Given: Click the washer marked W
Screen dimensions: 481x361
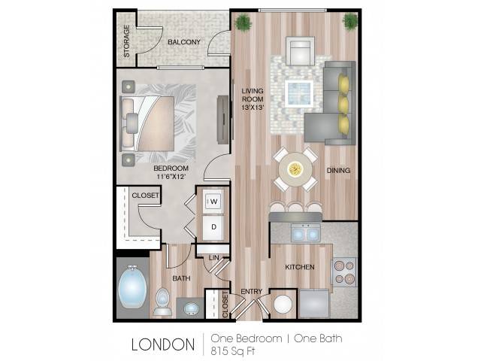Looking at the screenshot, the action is pyautogui.click(x=213, y=202).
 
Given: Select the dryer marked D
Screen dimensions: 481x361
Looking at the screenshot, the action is pyautogui.click(x=213, y=227).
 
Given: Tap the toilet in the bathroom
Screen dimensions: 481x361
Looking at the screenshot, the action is pyautogui.click(x=163, y=302).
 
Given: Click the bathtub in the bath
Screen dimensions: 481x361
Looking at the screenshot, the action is pyautogui.click(x=132, y=287).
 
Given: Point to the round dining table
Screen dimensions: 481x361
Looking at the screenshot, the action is pyautogui.click(x=295, y=168).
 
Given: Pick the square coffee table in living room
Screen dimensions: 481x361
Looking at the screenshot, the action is pyautogui.click(x=299, y=93).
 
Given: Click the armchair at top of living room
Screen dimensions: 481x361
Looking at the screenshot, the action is pyautogui.click(x=301, y=51).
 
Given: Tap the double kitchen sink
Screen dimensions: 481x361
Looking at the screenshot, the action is pyautogui.click(x=306, y=233).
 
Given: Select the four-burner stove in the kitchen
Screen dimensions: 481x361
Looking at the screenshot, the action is pyautogui.click(x=344, y=272).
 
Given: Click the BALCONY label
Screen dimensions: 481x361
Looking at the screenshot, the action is pyautogui.click(x=183, y=42).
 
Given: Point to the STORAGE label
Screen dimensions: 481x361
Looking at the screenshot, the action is pyautogui.click(x=127, y=41).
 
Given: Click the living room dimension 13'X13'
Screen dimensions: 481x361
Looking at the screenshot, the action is pyautogui.click(x=253, y=108).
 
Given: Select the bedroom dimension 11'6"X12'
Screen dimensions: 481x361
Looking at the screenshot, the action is pyautogui.click(x=171, y=177).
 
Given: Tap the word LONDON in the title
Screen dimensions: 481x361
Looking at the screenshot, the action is pyautogui.click(x=163, y=344).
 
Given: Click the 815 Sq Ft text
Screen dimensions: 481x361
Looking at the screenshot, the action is pyautogui.click(x=233, y=351).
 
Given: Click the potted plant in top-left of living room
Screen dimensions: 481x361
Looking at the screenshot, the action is pyautogui.click(x=244, y=23).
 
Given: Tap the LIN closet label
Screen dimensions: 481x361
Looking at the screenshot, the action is pyautogui.click(x=213, y=257).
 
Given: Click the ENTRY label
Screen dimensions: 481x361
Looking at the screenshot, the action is pyautogui.click(x=251, y=291).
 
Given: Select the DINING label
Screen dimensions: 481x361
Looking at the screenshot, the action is pyautogui.click(x=338, y=170).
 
